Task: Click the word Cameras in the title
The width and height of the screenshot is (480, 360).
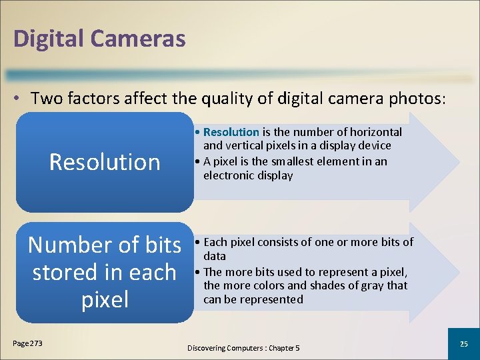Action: point(141,38)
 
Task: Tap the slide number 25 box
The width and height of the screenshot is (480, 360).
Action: point(464,343)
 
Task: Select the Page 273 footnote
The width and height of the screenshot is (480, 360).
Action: point(27,343)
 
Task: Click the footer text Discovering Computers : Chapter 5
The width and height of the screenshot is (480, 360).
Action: point(243,348)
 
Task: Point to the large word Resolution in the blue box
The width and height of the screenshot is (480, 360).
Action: point(105,162)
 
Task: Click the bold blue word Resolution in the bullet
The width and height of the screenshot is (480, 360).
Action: point(231,132)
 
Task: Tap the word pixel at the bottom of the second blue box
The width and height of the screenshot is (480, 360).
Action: point(105,299)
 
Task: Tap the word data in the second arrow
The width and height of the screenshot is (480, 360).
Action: point(215,256)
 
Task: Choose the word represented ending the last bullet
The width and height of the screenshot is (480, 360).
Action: point(271,299)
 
